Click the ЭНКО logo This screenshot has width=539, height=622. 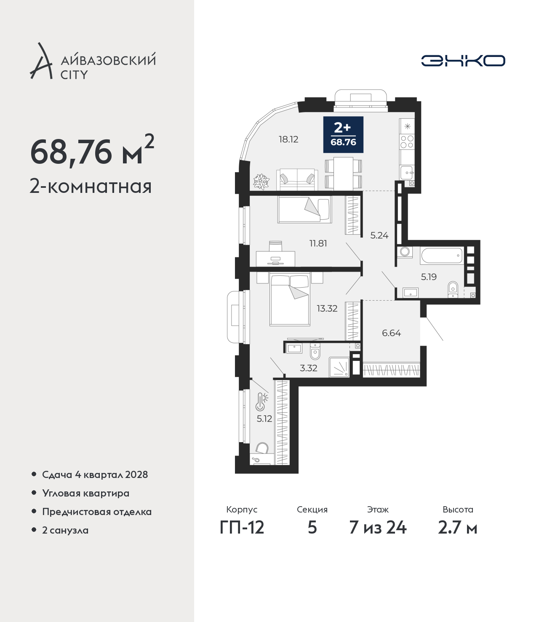[463, 61]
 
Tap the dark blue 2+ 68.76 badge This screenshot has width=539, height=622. [343, 134]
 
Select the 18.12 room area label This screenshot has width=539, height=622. [288, 139]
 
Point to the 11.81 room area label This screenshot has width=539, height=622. [318, 243]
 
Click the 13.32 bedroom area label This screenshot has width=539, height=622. [327, 308]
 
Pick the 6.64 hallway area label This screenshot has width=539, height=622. [391, 333]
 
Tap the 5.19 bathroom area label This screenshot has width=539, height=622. [429, 277]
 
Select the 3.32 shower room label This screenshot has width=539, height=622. [309, 368]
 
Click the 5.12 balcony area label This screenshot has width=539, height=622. [264, 419]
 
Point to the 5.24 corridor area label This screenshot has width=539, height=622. [379, 235]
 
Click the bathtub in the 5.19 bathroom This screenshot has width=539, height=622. [442, 256]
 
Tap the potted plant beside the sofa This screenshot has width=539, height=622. [261, 182]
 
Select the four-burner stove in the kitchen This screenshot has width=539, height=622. [407, 141]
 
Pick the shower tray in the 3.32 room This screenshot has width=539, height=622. [339, 367]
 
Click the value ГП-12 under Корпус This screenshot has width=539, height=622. [242, 528]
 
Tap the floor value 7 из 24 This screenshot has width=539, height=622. [378, 528]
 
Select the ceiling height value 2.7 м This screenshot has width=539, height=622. [457, 528]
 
